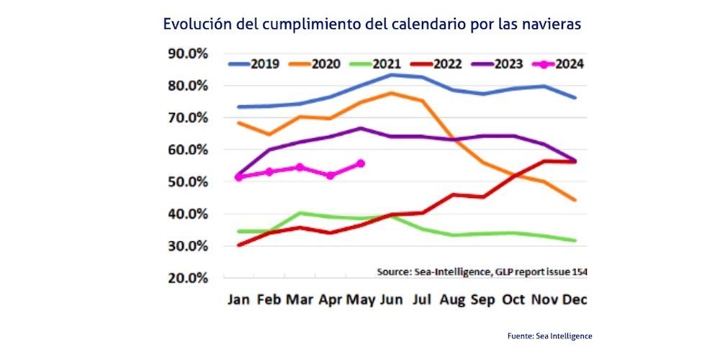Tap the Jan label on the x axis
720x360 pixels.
[238, 300]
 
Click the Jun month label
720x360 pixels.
[390, 300]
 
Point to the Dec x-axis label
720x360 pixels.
[574, 300]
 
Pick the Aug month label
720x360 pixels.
[451, 300]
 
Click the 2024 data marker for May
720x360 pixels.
[361, 163]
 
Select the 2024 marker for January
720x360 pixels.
[239, 176]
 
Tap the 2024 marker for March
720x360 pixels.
[300, 167]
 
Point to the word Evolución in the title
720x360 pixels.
[194, 24]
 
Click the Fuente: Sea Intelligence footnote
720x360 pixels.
[549, 336]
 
